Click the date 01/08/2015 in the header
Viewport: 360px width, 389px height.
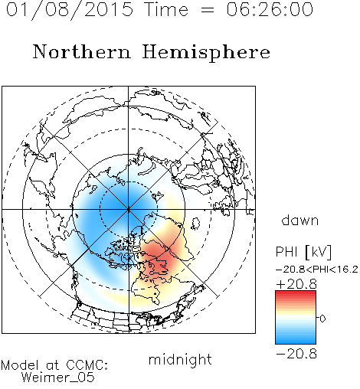[70, 10]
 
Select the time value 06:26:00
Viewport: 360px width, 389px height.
[270, 9]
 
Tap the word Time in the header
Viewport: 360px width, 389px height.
[166, 9]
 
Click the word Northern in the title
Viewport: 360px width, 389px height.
[82, 51]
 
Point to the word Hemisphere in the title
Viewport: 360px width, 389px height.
[206, 52]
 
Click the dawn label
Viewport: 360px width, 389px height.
[300, 220]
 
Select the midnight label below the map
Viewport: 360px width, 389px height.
[180, 359]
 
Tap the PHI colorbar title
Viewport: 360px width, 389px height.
[286, 252]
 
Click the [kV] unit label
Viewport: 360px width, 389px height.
[318, 252]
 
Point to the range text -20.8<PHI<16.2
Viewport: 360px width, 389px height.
[317, 270]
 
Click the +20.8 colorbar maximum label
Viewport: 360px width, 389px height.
[296, 284]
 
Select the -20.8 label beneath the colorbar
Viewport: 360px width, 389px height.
[296, 354]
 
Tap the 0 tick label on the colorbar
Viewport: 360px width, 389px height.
[322, 319]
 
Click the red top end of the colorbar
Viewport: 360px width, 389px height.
[296, 293]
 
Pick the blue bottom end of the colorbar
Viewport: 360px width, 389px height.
[296, 342]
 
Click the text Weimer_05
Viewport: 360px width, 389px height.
[57, 378]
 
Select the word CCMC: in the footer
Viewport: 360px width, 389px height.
[87, 365]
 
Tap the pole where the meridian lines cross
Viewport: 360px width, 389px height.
[128, 209]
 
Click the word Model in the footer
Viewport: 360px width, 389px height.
[20, 365]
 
